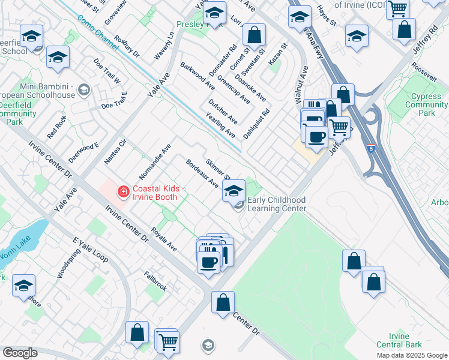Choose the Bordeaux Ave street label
(202, 173)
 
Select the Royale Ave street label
(164, 238)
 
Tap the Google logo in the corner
(19, 353)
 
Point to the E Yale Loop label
(90, 250)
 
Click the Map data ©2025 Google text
(411, 355)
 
